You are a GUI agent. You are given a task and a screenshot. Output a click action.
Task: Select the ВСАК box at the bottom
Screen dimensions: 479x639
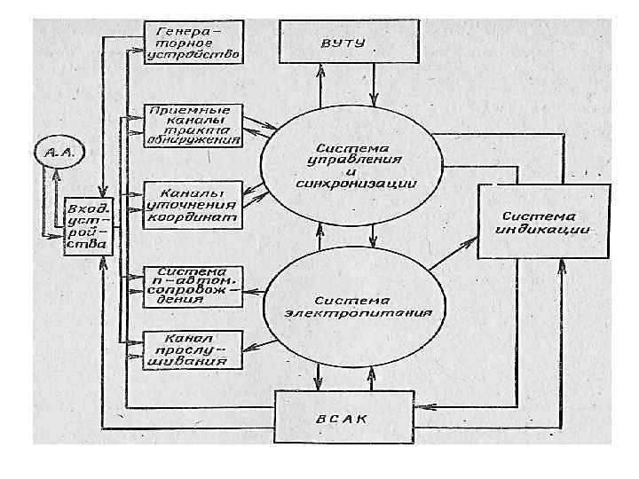(x=345, y=418)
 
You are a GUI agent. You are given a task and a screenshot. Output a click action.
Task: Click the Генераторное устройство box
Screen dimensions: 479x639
(x=193, y=41)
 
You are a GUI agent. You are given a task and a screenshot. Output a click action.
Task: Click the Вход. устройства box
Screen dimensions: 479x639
(x=86, y=226)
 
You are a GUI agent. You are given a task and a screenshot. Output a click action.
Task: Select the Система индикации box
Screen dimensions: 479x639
(x=542, y=223)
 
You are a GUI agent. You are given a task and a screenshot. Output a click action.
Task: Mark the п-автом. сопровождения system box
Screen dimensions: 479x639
(x=193, y=284)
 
